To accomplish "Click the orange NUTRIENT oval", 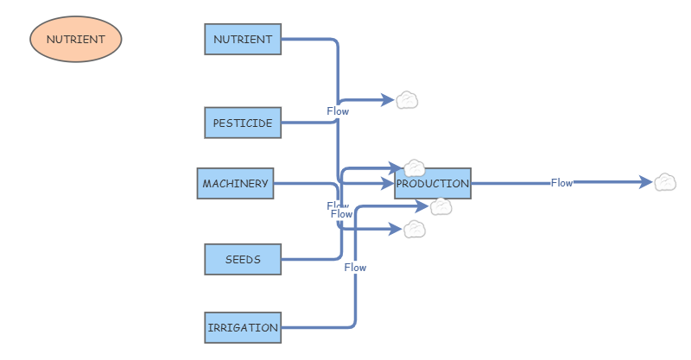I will pos(76,39).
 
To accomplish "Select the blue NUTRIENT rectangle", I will pos(243,39).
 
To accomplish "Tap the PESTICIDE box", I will pos(243,123).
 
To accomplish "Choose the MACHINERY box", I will pos(235,183).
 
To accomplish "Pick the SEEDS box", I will pos(243,259).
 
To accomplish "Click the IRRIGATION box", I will pos(243,327).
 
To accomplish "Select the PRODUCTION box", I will pos(433,183).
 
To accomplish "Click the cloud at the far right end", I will pos(665,182).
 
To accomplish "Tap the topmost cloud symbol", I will pos(407,100).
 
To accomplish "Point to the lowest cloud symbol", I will pos(415,229).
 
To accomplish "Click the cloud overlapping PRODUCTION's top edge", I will pos(415,167).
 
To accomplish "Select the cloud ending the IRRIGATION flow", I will pos(441,206).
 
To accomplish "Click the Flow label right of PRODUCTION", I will pos(561,182).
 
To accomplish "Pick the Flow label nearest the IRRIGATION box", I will pos(355,268).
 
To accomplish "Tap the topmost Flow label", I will pos(338,111).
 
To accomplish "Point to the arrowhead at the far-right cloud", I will pos(645,182).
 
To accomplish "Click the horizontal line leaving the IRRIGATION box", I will pos(315,327).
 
